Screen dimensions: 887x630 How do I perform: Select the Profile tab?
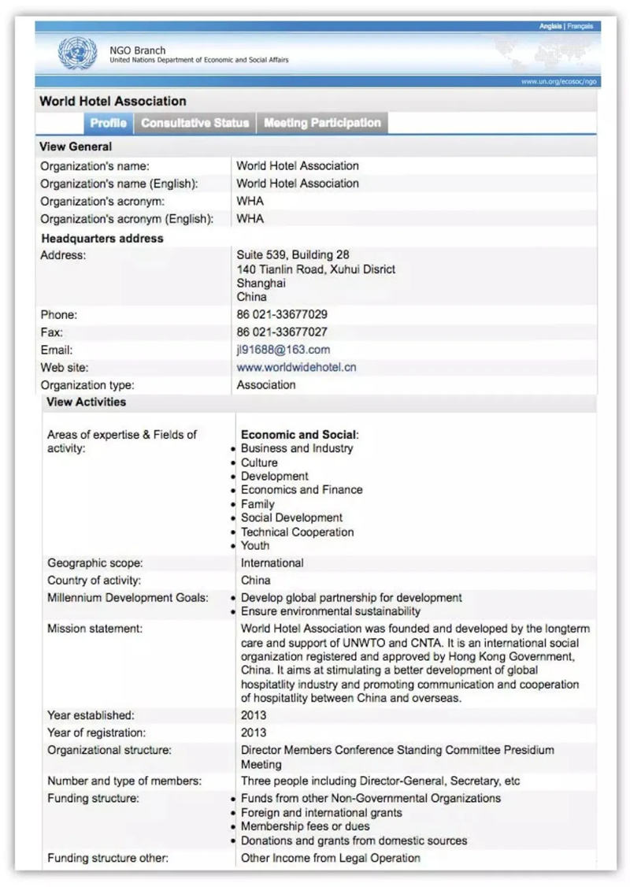tap(108, 123)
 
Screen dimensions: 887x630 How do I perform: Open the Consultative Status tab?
tap(195, 123)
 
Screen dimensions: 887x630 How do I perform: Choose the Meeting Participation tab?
tap(322, 123)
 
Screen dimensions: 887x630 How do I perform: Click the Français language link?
tap(580, 27)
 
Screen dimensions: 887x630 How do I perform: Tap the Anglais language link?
tap(550, 27)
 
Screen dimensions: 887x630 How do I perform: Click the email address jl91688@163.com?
tap(283, 350)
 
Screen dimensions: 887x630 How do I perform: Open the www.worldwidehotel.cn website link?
tap(296, 367)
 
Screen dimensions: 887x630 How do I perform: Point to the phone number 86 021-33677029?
tap(282, 314)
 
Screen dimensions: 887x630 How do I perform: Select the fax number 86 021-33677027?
tap(282, 332)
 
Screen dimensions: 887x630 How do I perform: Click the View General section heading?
tap(76, 147)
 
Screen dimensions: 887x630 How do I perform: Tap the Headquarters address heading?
tap(102, 238)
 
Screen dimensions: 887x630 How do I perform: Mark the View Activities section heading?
tap(87, 402)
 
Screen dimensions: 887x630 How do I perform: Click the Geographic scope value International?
tap(272, 563)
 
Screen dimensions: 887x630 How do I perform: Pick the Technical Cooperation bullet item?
tap(297, 532)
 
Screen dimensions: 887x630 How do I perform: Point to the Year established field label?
tap(91, 715)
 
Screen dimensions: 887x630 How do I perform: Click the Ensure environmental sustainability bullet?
tap(331, 611)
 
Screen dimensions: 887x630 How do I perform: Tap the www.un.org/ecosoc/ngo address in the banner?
tap(558, 81)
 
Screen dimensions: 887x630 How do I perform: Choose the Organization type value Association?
tap(266, 385)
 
